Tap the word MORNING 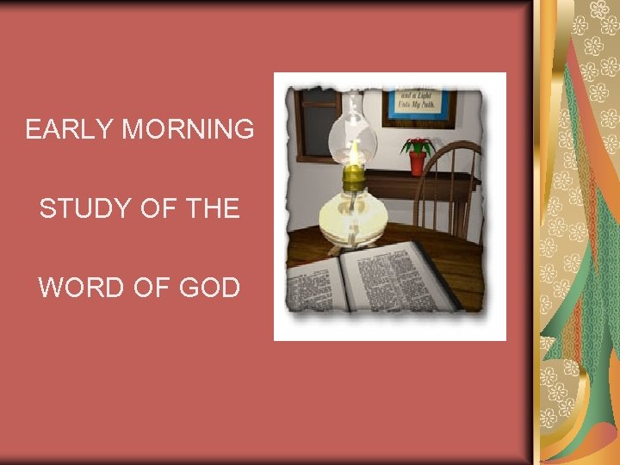click(x=188, y=130)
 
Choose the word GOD click(x=209, y=288)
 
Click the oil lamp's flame click(x=352, y=152)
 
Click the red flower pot click(x=418, y=163)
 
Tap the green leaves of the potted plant click(x=418, y=144)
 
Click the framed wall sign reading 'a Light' click(x=418, y=103)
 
